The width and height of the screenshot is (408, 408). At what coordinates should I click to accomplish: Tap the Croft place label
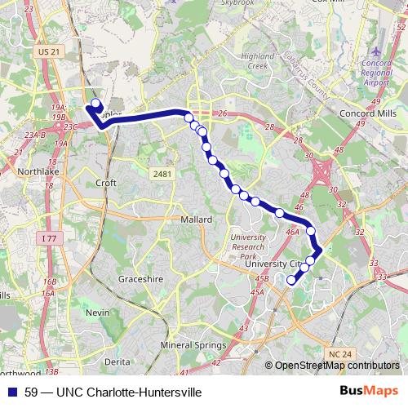point(106,184)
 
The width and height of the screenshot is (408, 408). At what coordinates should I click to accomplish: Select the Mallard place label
point(197,220)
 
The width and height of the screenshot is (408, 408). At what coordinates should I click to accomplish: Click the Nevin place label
point(97,313)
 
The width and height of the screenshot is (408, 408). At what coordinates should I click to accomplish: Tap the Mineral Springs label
point(194,345)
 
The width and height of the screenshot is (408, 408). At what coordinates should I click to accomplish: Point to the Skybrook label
point(238,2)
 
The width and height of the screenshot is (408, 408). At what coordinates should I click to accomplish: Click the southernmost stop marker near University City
point(291,280)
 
